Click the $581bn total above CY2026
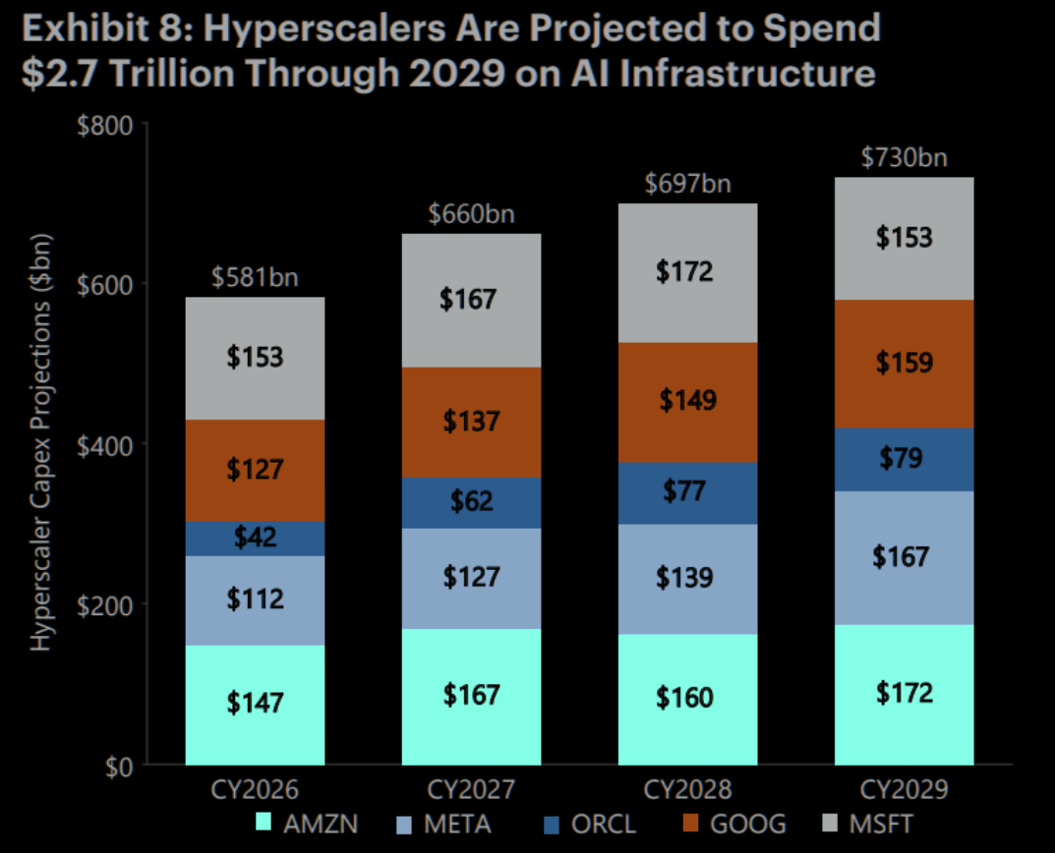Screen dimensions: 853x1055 [x=255, y=278]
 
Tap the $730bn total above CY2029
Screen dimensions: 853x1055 [x=904, y=158]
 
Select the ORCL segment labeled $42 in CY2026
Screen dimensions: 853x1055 [x=255, y=538]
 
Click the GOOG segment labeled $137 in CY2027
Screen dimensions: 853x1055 [x=471, y=422]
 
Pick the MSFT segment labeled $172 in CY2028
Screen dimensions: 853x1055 [x=687, y=271]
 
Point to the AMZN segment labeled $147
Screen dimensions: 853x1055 [x=255, y=703]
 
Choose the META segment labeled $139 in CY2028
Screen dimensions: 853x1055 [x=687, y=577]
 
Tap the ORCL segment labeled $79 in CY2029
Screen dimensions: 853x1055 [x=904, y=458]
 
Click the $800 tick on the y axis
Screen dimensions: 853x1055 [x=108, y=124]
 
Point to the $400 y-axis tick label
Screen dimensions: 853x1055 [x=108, y=444]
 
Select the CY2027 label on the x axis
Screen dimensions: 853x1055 [x=471, y=790]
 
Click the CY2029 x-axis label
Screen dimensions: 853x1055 [x=904, y=790]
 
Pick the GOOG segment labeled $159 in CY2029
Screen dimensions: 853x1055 [x=904, y=364]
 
